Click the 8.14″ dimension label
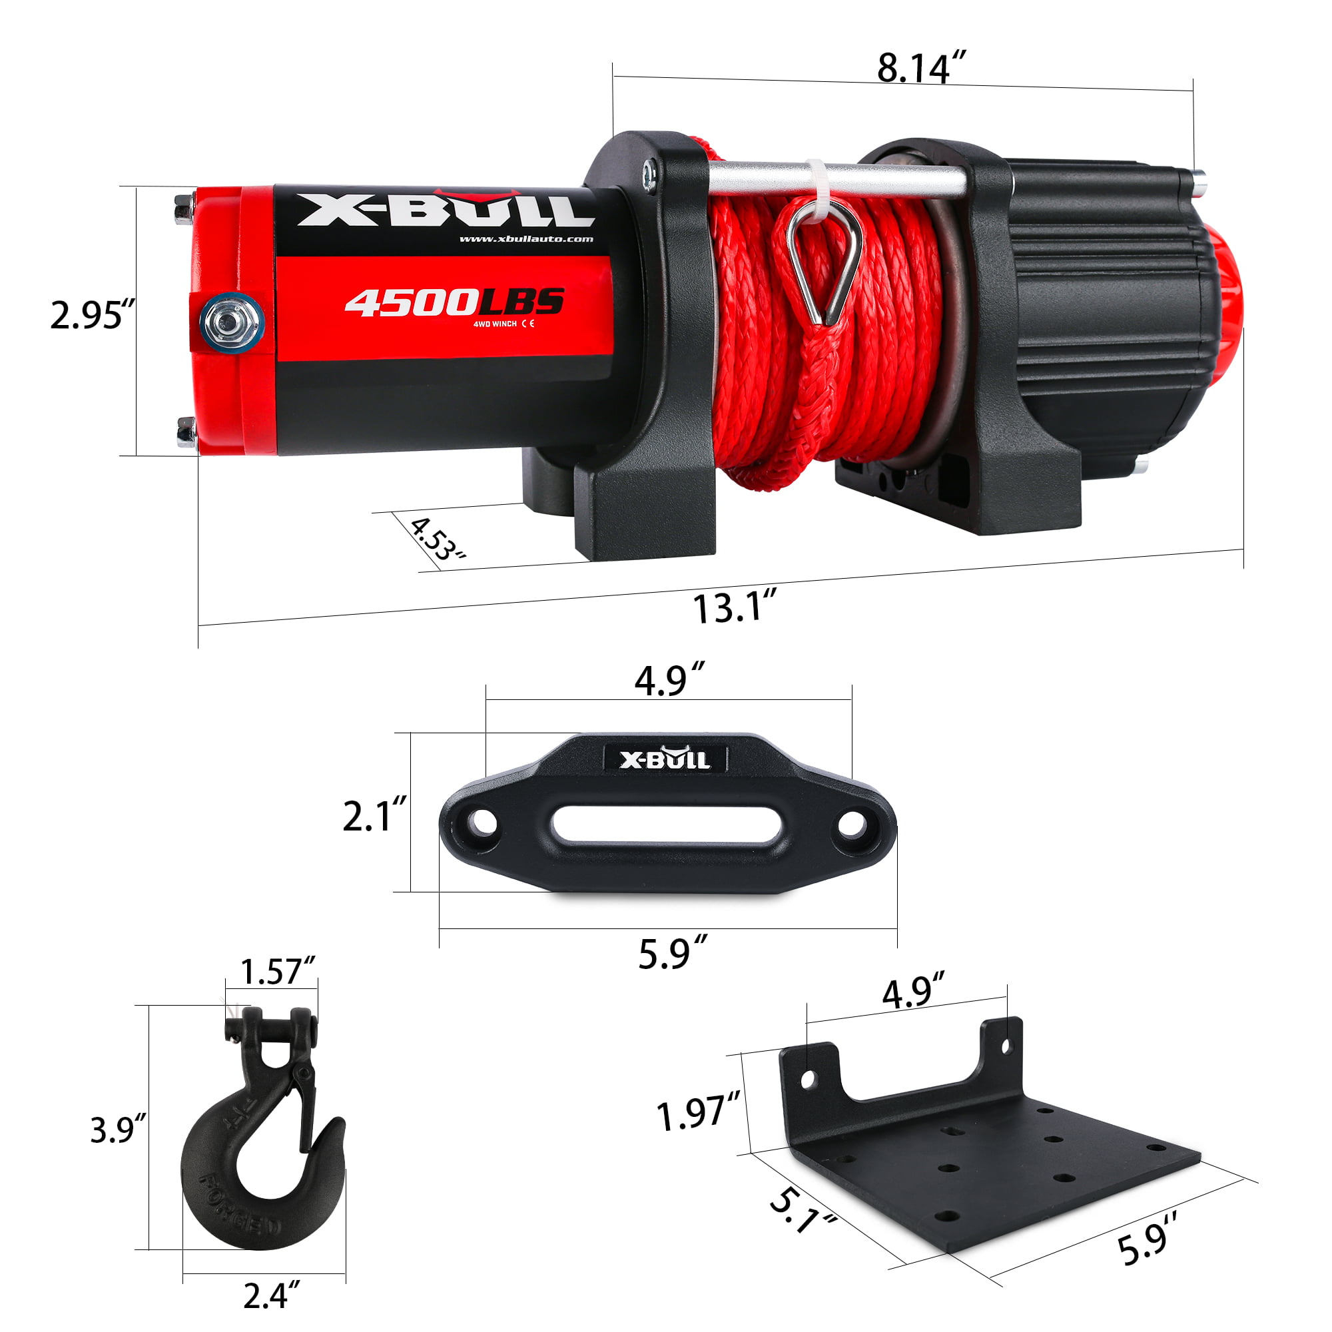(x=921, y=67)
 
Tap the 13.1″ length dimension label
(x=735, y=608)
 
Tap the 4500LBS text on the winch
(x=454, y=302)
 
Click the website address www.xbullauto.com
(x=526, y=239)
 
